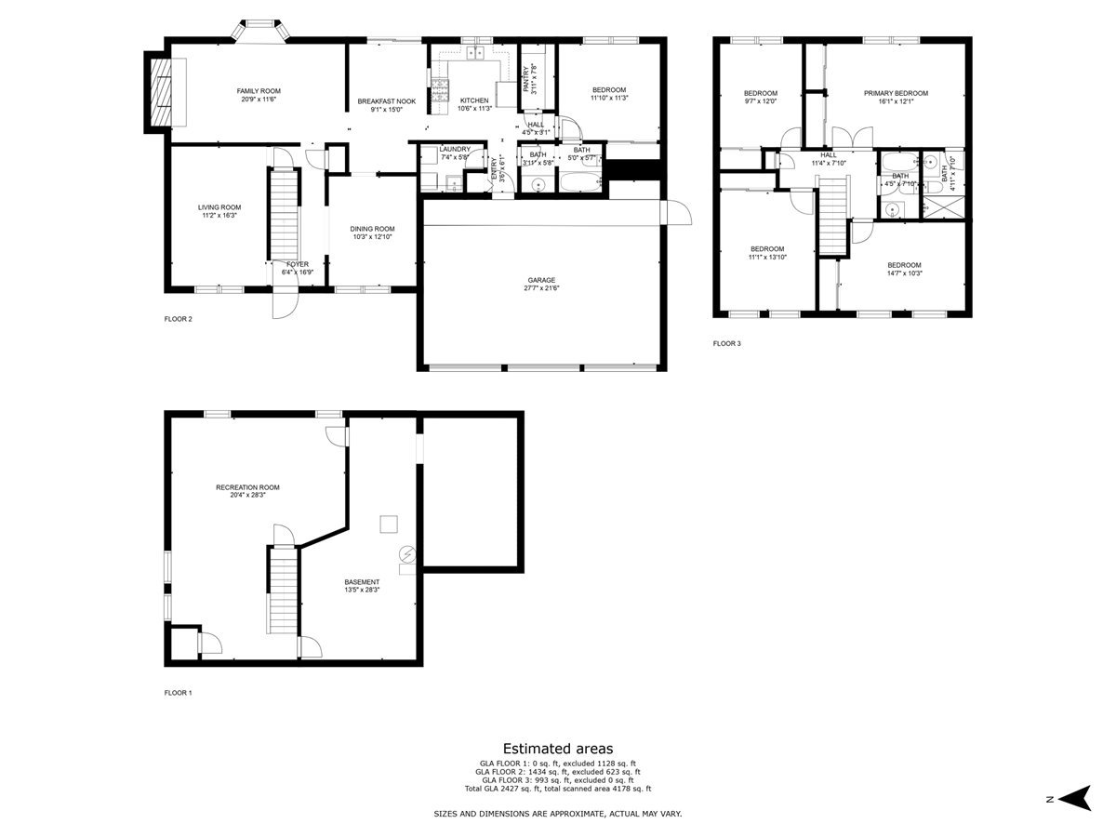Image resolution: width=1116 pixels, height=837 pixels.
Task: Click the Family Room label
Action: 258,90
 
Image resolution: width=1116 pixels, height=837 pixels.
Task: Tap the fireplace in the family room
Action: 165,91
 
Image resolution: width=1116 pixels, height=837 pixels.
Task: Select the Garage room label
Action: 541,280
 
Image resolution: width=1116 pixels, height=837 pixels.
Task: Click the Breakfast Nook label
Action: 387,101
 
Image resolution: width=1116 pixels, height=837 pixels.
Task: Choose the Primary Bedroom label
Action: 896,93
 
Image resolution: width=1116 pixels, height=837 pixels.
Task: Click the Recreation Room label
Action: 247,487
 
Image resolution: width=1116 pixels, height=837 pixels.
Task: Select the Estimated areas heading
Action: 558,748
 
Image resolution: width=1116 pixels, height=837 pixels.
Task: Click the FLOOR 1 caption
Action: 178,693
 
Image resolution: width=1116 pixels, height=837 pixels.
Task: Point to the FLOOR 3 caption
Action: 727,343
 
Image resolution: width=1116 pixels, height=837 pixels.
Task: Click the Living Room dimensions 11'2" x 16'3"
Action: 219,216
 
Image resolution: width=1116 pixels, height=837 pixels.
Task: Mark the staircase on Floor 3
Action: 834,216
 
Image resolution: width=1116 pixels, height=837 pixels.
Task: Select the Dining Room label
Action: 372,229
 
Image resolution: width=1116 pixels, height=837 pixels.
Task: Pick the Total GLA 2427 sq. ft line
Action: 558,788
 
